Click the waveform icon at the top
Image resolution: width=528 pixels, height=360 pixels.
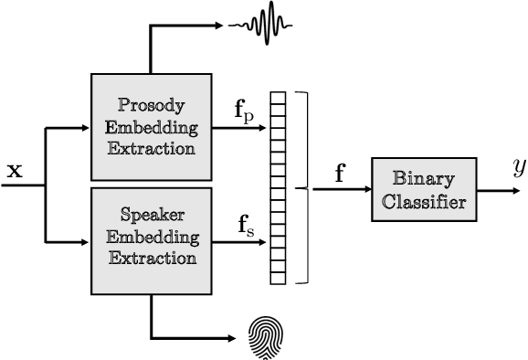[263, 25]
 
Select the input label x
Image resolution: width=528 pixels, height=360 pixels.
[16, 169]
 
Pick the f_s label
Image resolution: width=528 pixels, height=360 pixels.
[246, 225]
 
